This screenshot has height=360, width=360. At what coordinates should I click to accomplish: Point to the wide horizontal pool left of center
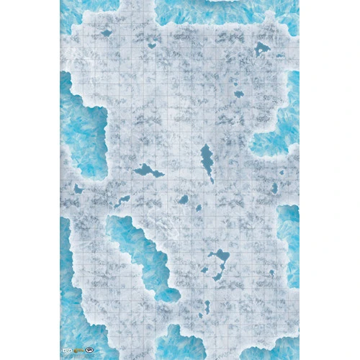149,171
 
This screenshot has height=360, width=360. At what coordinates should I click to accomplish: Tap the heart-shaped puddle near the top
152,45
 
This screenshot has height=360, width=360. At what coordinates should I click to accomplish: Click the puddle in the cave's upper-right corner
261,49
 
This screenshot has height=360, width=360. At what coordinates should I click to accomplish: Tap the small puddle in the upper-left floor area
107,32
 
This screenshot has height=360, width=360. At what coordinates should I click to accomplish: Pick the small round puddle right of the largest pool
271,272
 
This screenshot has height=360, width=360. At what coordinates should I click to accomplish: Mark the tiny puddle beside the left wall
78,189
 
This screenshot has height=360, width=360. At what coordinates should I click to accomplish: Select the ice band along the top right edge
230,9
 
